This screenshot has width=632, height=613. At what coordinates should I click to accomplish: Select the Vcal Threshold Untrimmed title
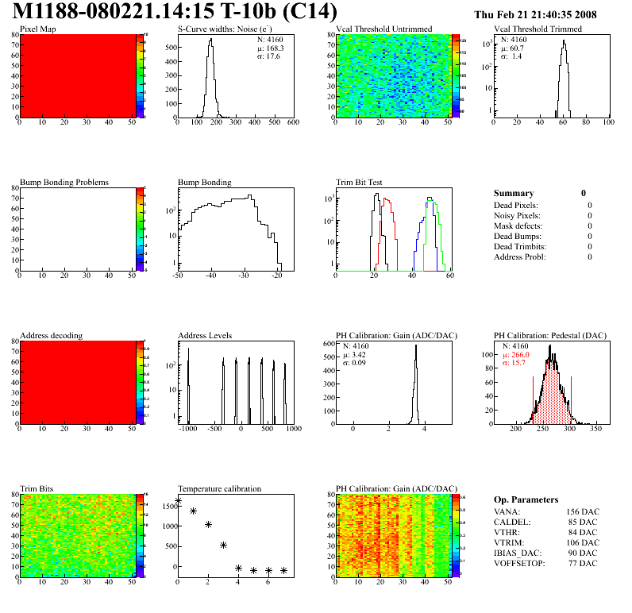click(x=383, y=29)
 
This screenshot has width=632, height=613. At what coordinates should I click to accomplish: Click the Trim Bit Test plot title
click(x=360, y=183)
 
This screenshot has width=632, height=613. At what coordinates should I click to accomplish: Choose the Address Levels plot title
click(x=205, y=336)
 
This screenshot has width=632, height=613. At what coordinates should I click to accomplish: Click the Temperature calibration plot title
click(x=219, y=489)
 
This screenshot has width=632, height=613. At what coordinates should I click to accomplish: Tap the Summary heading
click(x=514, y=193)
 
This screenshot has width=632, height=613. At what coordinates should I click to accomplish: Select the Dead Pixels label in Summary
click(x=516, y=206)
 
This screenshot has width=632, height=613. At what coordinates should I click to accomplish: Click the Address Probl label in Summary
click(x=519, y=257)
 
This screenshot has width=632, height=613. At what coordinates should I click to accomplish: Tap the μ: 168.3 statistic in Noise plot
click(x=270, y=48)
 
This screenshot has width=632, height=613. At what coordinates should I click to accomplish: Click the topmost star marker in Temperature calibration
click(x=178, y=501)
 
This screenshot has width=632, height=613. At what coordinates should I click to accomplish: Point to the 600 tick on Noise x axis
click(x=293, y=123)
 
